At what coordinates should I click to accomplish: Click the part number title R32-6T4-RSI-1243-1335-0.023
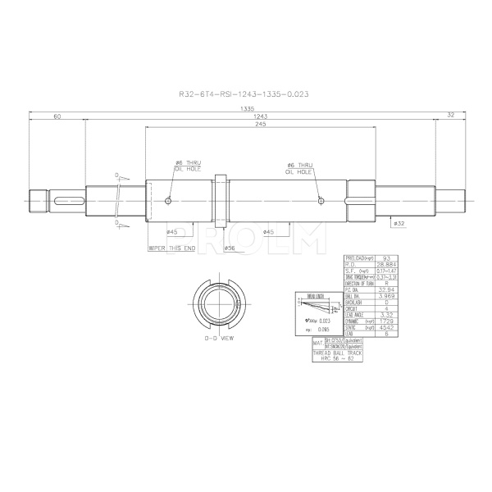coord(245,94)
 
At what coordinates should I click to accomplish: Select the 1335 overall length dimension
coord(245,109)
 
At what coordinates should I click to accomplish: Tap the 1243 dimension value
coord(260,116)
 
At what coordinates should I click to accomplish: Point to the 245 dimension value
coord(260,125)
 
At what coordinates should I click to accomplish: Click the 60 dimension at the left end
coord(57,116)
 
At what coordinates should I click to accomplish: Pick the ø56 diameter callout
coord(230,247)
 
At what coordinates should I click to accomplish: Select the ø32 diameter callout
coord(399,222)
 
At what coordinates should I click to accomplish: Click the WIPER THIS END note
coord(171,247)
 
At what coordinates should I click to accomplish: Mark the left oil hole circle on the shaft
coord(168,201)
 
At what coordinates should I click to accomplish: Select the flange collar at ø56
coord(221,200)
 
